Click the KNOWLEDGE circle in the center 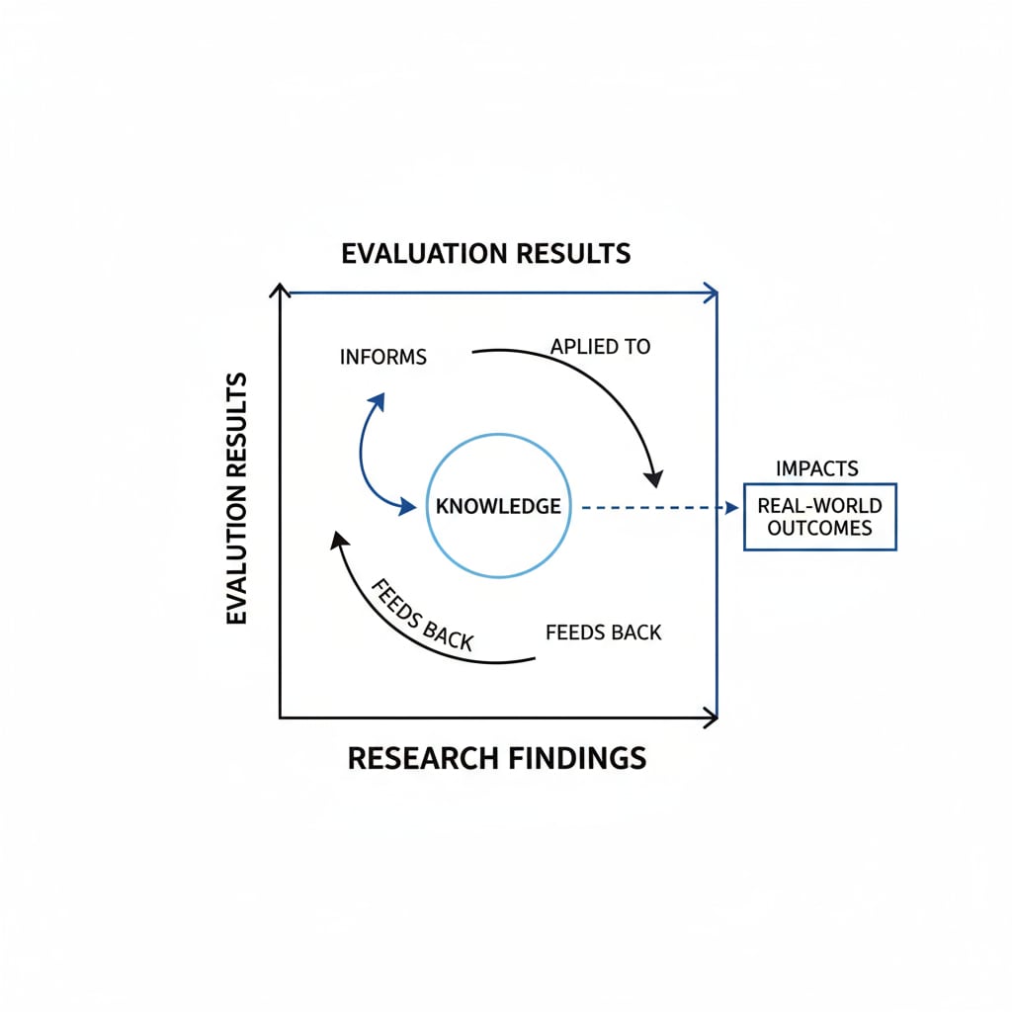498,505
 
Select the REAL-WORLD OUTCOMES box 819,516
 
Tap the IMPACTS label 817,468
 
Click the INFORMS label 382,357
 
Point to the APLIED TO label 600,347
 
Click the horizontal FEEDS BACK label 603,632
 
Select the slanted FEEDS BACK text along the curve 422,614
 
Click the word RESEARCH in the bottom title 422,759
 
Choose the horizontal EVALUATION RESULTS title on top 485,253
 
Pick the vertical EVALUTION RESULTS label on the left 236,499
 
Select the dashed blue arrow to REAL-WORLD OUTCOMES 657,508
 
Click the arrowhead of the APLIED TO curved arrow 653,477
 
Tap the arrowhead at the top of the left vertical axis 282,291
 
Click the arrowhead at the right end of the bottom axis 710,717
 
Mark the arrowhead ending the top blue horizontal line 710,293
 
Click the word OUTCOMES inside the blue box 819,528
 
